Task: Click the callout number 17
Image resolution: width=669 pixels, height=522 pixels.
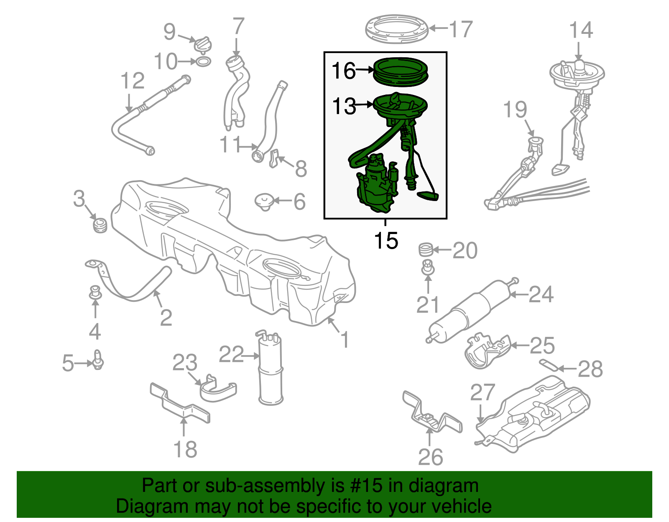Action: [x=461, y=29]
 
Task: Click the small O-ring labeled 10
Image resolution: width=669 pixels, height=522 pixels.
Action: [x=204, y=62]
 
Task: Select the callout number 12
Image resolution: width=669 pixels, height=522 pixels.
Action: [x=133, y=81]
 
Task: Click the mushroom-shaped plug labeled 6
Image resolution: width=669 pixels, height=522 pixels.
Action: [x=264, y=201]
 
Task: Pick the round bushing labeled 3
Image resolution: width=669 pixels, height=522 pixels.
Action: [x=100, y=225]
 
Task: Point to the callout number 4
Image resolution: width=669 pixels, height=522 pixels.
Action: [x=95, y=332]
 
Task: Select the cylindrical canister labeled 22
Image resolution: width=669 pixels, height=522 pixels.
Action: [x=270, y=368]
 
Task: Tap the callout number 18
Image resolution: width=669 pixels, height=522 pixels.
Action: [x=185, y=450]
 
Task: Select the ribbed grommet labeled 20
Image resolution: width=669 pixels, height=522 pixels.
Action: [x=425, y=250]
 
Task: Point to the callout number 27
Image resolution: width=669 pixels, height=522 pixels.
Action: [x=483, y=393]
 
